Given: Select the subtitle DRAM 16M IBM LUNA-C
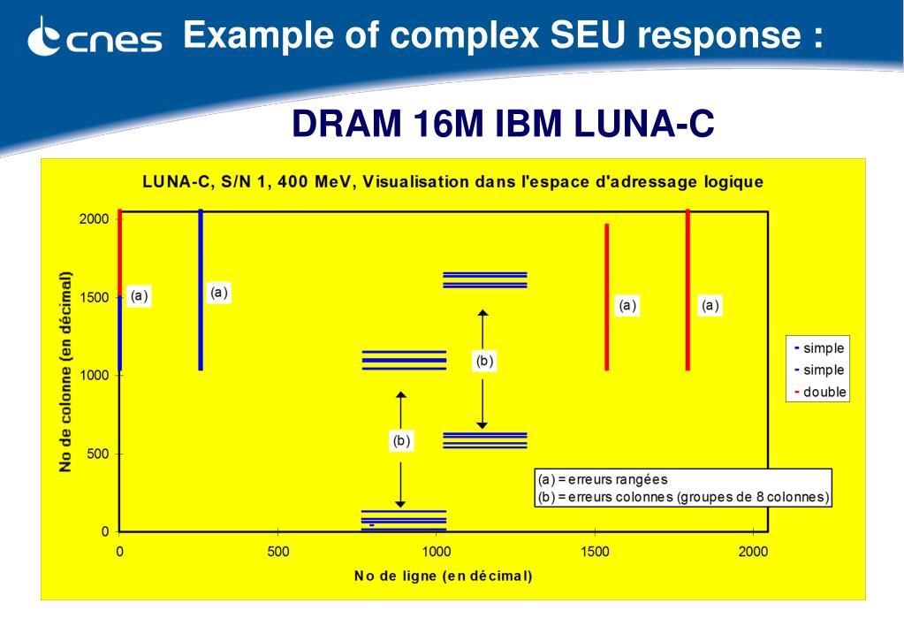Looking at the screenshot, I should coord(503,125).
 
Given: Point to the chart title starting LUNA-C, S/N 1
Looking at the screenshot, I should coord(452,182).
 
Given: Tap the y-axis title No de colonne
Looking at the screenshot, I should coord(65,371).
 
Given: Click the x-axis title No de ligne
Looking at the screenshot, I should coord(443,576).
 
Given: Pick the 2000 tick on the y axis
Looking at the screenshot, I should coord(94,218).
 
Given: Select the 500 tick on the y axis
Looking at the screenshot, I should coord(97,454).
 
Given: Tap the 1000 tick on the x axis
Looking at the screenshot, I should coord(437,553).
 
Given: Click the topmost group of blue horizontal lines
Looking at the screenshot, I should coord(484,280).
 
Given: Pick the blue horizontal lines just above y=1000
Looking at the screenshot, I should coord(404,360).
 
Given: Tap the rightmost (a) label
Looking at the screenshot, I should coord(710,306).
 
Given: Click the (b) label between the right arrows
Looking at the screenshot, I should coord(483,361).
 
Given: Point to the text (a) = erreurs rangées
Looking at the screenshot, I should coord(603,480).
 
